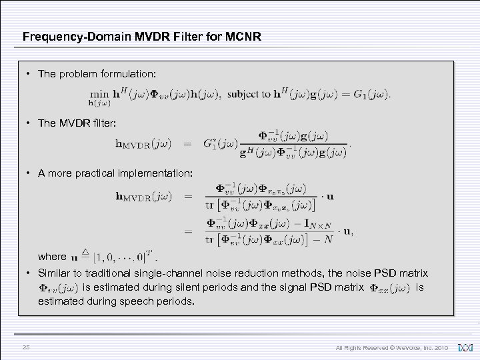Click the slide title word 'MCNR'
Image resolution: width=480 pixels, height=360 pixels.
[x=243, y=37]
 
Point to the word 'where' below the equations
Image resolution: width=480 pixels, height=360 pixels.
[x=52, y=256]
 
